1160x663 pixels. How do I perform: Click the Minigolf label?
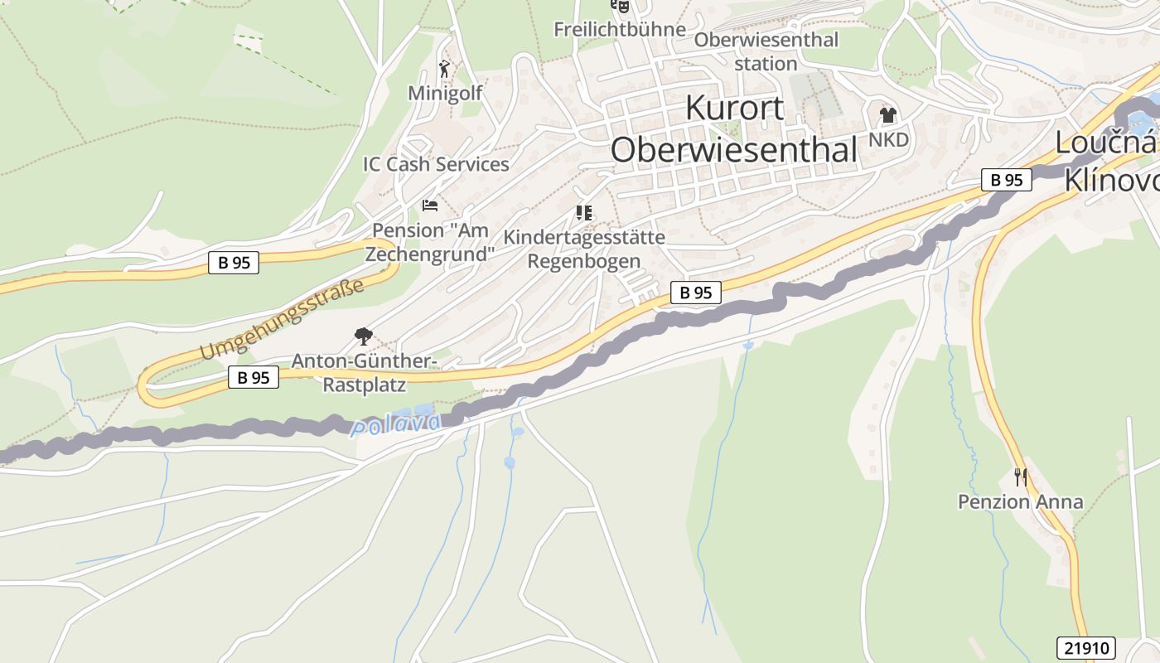pos(445,93)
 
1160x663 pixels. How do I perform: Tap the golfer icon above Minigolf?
pos(445,68)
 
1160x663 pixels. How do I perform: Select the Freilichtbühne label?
pos(620,30)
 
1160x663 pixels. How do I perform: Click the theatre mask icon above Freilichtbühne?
pos(620,6)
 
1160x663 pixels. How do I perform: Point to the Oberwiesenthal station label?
pos(766,51)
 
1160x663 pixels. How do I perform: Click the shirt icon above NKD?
pos(888,115)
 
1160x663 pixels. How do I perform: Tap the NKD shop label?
pos(888,139)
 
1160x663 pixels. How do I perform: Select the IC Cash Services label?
pos(436,164)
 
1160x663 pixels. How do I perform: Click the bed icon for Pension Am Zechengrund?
pos(429,205)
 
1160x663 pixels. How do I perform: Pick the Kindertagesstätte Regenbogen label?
pos(584,249)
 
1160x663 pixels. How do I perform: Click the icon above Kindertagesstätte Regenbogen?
pos(584,213)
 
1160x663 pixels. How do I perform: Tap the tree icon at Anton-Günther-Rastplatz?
pos(362,336)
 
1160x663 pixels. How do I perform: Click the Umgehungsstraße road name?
pos(282,320)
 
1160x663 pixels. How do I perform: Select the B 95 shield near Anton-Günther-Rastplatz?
pos(254,378)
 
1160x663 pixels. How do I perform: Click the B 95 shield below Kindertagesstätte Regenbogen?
pos(696,293)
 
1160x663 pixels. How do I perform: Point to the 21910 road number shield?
pos(1086,648)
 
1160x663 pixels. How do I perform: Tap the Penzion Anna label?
pos(1020,501)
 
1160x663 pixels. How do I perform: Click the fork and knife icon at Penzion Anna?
pos(1021,477)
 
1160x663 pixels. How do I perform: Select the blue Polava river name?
pos(396,425)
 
